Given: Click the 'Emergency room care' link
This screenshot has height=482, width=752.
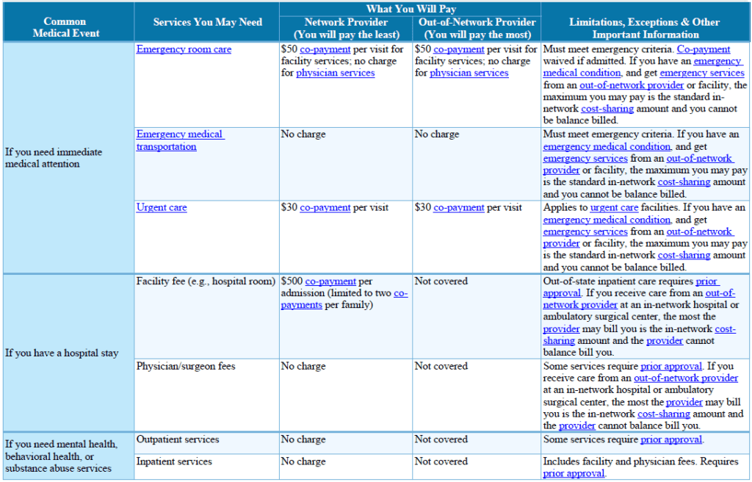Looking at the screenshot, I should click(184, 50).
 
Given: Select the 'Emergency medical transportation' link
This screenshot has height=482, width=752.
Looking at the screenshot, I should click(180, 140).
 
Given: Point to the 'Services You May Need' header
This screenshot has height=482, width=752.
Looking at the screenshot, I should click(207, 22).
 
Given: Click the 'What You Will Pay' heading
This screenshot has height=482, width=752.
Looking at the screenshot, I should click(411, 9).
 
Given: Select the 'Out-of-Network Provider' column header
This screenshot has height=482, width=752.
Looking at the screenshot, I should click(477, 23).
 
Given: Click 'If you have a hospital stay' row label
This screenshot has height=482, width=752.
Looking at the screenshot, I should click(62, 353).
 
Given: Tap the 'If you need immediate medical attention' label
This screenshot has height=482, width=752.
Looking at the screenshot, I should click(54, 158).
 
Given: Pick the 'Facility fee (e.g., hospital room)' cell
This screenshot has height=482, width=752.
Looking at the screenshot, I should click(206, 281).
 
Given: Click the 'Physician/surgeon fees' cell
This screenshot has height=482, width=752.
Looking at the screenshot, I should click(186, 366).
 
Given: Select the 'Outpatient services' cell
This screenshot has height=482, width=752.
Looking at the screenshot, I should click(178, 439).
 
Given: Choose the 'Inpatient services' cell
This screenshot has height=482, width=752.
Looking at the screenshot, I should click(174, 461).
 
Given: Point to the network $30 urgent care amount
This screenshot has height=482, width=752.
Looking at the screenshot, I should click(289, 208).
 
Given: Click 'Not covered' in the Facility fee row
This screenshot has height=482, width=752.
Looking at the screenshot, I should click(441, 281).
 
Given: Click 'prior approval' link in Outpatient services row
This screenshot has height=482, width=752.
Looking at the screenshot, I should click(671, 440).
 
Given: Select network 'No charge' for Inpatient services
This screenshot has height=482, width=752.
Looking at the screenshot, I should click(303, 461).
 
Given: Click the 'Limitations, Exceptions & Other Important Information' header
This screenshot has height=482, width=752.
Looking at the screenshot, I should click(645, 28).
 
